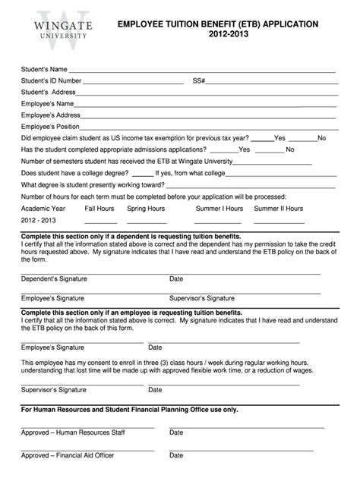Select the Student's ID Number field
click(x=134, y=81)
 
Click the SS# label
click(x=199, y=81)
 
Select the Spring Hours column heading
click(x=146, y=208)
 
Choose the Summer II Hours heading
click(x=279, y=208)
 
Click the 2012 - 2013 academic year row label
click(x=39, y=220)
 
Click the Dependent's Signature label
click(x=53, y=278)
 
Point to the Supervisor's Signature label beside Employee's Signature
click(x=201, y=298)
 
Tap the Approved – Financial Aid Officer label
click(x=66, y=456)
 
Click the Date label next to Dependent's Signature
click(x=176, y=278)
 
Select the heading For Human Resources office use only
click(x=129, y=409)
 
